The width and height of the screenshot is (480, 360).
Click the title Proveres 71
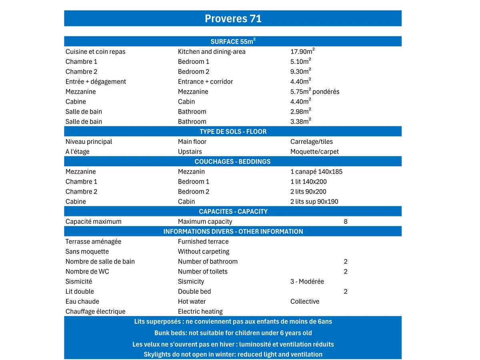point(233,19)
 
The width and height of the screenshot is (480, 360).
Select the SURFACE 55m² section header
point(233,42)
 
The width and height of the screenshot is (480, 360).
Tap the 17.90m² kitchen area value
point(302,52)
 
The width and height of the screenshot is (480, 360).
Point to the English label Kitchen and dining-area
point(212,52)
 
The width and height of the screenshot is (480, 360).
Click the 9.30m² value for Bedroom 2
point(301,72)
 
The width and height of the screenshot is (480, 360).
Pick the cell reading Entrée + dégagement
point(96,82)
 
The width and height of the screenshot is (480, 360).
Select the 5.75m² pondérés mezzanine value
point(315,92)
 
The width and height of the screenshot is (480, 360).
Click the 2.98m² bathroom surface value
point(301,112)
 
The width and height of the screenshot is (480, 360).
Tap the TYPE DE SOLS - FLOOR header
point(233,132)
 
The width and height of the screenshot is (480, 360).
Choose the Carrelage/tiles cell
point(312,142)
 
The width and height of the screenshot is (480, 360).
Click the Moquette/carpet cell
point(314,152)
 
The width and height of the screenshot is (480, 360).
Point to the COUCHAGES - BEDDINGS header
point(232,162)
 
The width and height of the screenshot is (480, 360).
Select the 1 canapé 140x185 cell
point(316,172)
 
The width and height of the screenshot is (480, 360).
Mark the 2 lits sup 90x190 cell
point(314,202)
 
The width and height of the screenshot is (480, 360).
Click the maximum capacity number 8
point(346,222)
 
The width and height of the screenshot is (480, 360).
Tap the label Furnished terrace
point(203,242)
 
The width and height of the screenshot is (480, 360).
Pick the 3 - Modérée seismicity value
point(307,282)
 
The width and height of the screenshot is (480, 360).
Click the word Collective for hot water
point(305,302)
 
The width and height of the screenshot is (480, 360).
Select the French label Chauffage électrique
point(96,312)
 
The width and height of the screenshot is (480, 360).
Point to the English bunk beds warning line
point(233,333)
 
